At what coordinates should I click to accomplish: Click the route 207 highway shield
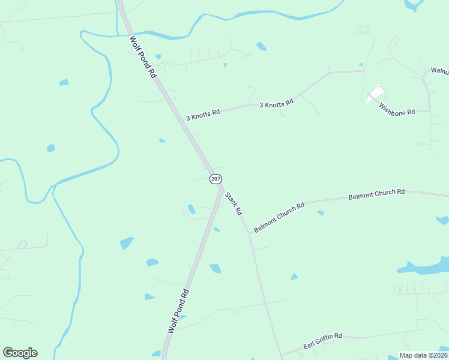(216, 179)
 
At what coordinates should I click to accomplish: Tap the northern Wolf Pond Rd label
(143, 58)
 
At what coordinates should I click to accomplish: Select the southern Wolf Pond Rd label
(179, 311)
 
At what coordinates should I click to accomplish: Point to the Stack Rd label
(234, 203)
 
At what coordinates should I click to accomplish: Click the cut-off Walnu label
(440, 71)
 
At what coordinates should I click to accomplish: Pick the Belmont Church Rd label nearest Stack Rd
(279, 217)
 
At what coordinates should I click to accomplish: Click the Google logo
(20, 353)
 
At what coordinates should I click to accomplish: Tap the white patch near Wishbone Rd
(376, 93)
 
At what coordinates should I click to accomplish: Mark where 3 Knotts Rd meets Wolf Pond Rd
(179, 118)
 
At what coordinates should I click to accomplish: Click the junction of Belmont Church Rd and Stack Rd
(249, 233)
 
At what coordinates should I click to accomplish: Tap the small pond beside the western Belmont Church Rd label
(321, 212)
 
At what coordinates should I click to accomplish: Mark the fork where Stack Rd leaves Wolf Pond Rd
(221, 187)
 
